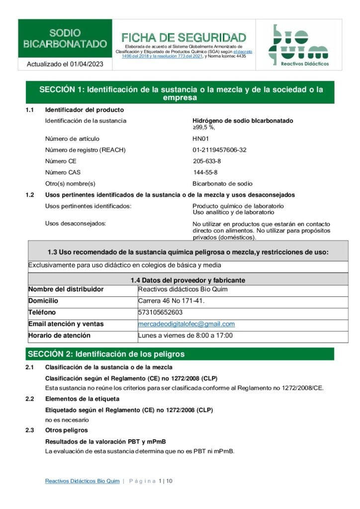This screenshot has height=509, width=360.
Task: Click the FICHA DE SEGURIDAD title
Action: [x=183, y=38]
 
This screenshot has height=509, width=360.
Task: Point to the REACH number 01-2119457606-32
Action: [x=219, y=150]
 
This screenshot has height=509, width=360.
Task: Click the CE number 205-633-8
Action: [x=207, y=162]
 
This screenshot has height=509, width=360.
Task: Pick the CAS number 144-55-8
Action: [x=205, y=172]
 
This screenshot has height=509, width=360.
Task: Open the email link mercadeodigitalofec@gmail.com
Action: [x=186, y=324]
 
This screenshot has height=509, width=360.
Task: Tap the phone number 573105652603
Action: [x=160, y=313]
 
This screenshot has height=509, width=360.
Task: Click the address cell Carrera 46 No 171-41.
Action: [x=171, y=301]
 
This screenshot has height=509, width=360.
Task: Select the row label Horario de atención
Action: [x=59, y=336]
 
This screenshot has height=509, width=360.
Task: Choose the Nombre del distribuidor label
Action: [x=66, y=289]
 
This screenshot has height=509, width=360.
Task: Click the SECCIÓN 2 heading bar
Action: [x=180, y=354]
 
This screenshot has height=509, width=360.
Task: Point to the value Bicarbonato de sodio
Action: [x=222, y=183]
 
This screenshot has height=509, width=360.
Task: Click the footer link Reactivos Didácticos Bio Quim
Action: [x=82, y=481]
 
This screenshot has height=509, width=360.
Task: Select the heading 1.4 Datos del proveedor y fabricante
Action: [x=187, y=280]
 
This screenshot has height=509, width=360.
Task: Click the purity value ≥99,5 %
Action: [x=204, y=127]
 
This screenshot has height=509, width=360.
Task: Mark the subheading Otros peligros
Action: [x=66, y=430]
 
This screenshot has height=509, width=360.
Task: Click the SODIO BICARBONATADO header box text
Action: [x=65, y=38]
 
